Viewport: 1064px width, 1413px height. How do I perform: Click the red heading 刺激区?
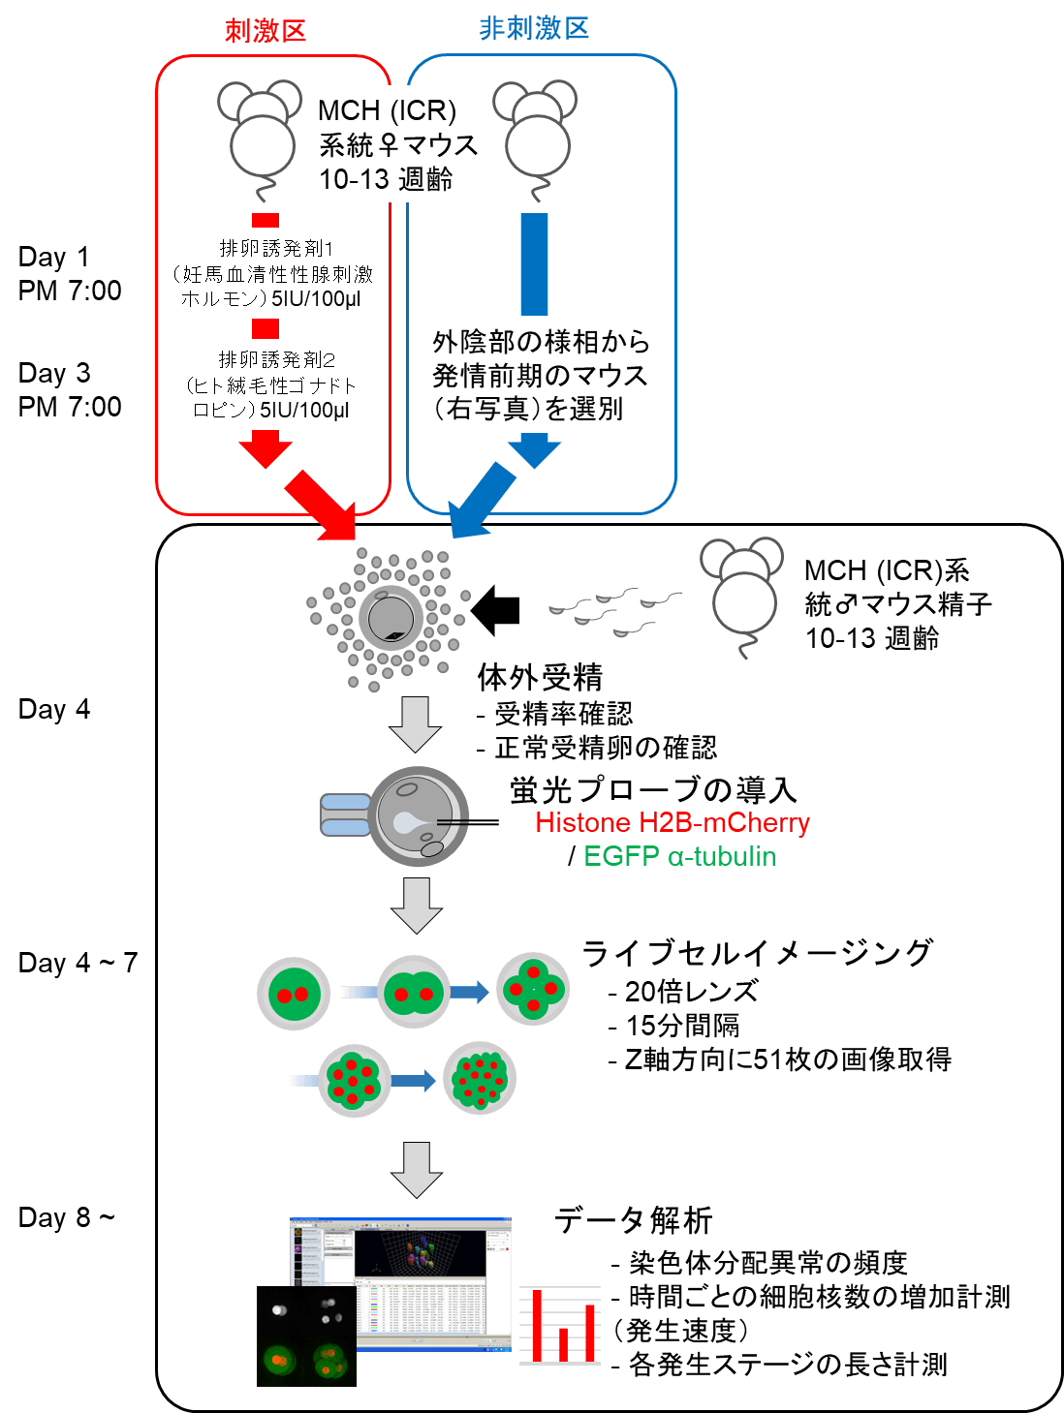tap(266, 31)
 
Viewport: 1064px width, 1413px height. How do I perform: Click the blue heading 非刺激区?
tap(534, 29)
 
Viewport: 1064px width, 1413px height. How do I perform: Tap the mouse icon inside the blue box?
tap(536, 131)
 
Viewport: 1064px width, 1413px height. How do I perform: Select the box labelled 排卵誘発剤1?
tap(272, 273)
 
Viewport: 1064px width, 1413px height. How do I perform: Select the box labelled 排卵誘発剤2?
tap(271, 384)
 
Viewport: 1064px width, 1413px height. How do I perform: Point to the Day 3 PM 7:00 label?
tap(70, 389)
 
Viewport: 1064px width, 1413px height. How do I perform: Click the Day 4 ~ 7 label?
tap(78, 963)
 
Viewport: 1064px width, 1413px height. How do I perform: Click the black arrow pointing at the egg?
tap(496, 610)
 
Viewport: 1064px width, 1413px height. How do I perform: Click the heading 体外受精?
tap(540, 677)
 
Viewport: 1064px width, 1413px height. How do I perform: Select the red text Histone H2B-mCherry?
tap(673, 823)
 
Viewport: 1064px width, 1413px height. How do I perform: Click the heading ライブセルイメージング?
tap(757, 953)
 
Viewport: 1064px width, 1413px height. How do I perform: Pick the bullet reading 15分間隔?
tap(683, 1025)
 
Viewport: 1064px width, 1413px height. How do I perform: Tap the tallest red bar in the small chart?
tap(537, 1325)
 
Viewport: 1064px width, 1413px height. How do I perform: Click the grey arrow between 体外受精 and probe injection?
tap(416, 724)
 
